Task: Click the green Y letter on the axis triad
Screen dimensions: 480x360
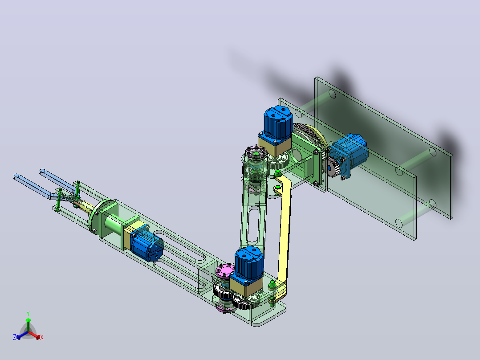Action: [x=28, y=313]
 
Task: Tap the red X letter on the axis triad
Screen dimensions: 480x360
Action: [x=42, y=337]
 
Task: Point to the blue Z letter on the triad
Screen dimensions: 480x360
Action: [x=15, y=337]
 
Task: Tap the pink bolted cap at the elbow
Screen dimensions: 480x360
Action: [x=224, y=271]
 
